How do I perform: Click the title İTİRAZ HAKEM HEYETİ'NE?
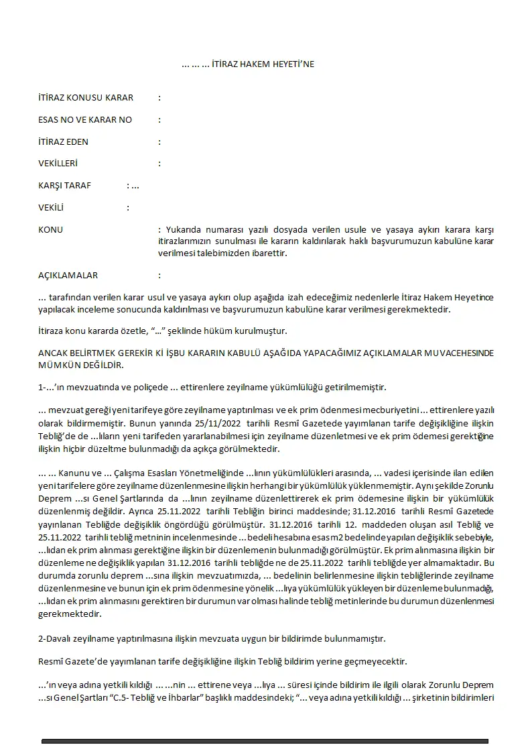tap(248, 64)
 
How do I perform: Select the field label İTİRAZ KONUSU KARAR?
tap(86, 98)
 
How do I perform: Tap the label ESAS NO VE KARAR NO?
tap(85, 120)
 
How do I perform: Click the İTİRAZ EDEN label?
tap(64, 142)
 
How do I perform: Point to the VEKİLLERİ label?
tap(58, 164)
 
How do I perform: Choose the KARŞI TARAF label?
tap(65, 186)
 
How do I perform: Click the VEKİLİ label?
tap(52, 208)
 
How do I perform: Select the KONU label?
tap(51, 230)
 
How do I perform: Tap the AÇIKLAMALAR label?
tap(68, 276)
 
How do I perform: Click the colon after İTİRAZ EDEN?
tap(159, 142)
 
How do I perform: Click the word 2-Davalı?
tap(55, 640)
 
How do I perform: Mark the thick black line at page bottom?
tap(265, 741)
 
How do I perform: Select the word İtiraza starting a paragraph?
tap(51, 331)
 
